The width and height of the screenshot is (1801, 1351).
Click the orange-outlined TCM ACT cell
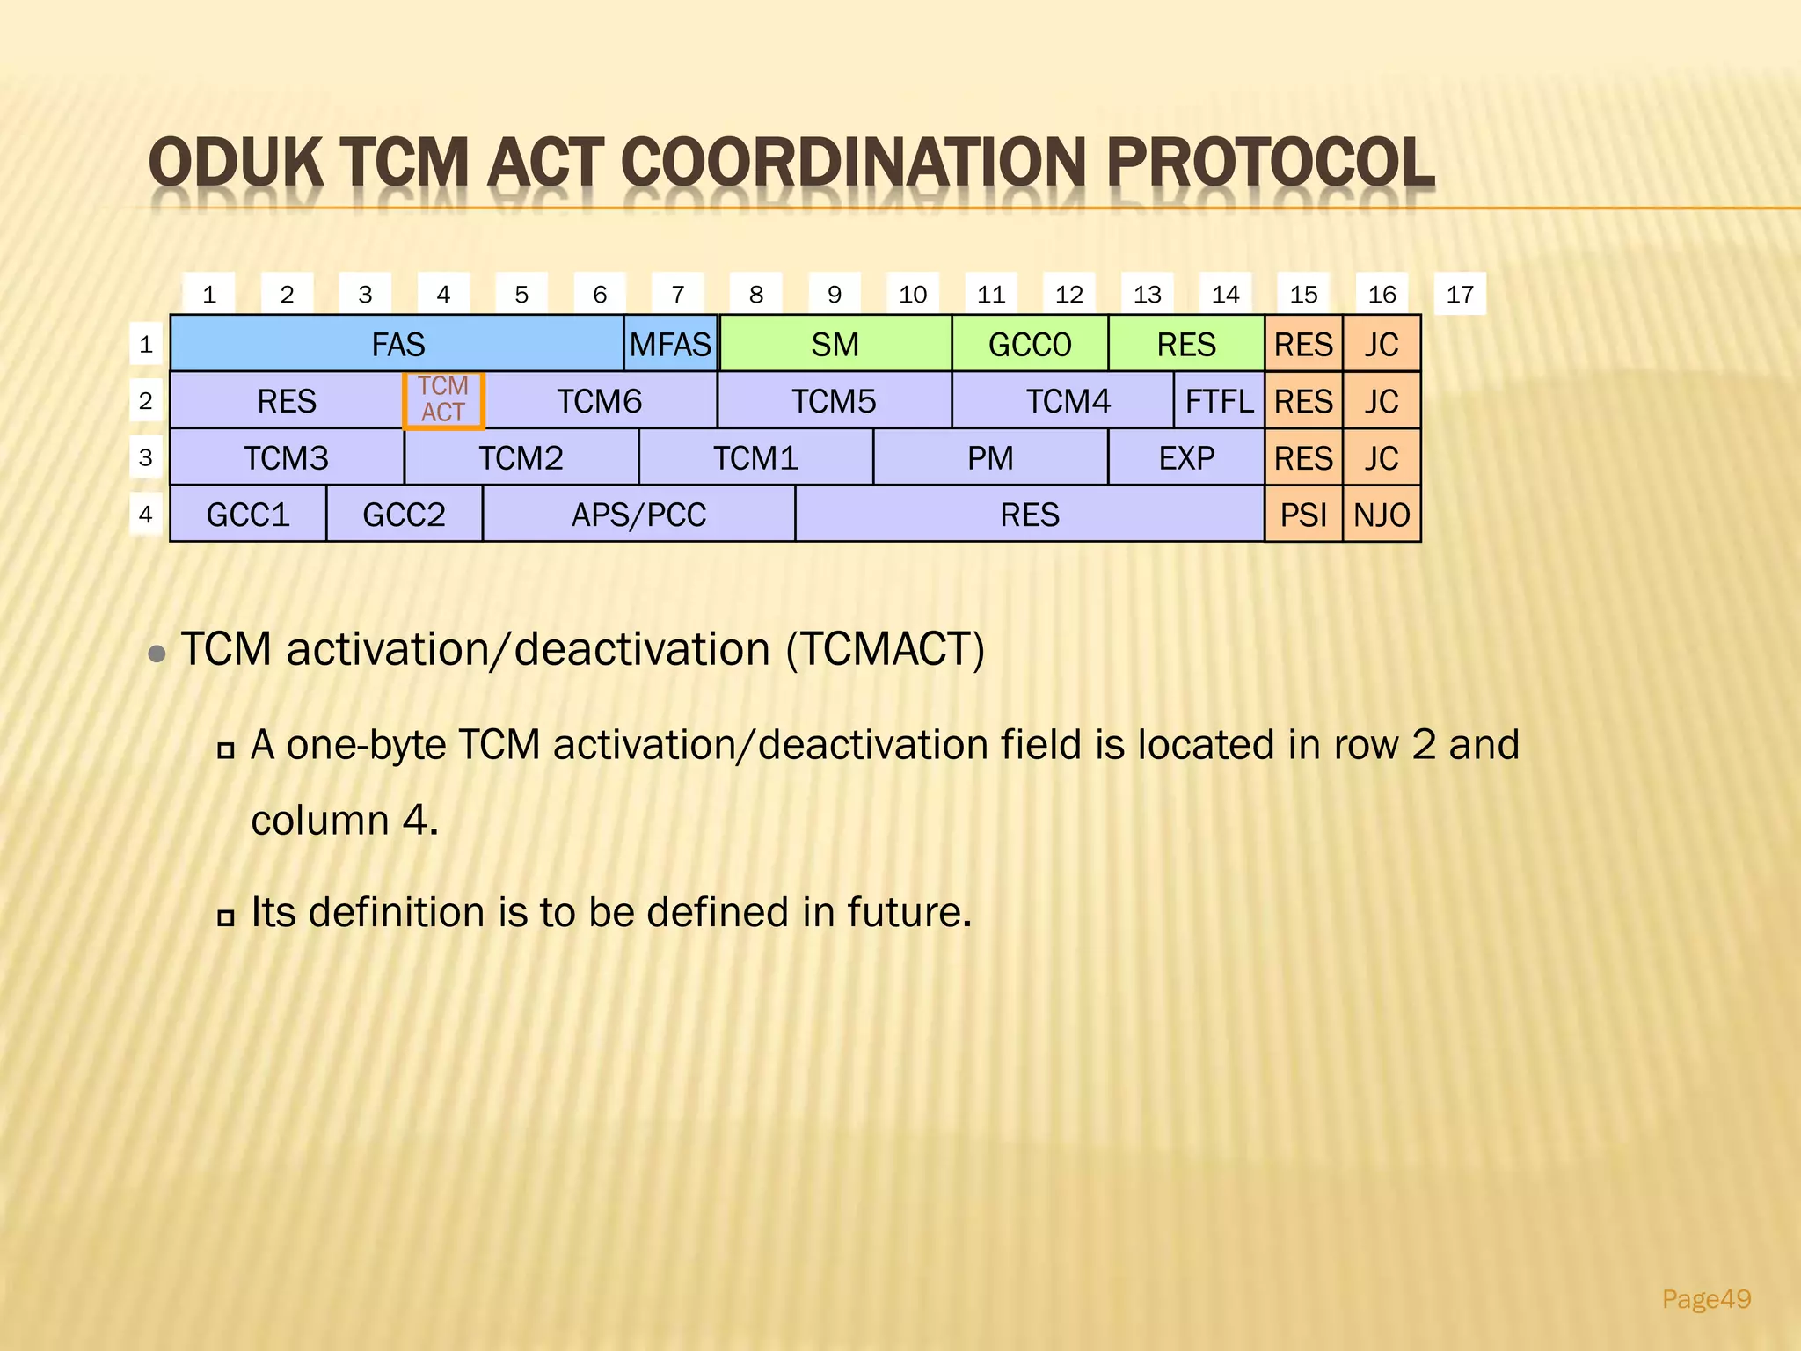click(x=443, y=400)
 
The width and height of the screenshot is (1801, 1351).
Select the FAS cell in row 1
click(x=397, y=344)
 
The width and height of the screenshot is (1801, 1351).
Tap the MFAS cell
click(x=670, y=344)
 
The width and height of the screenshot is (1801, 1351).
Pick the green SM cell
click(x=835, y=344)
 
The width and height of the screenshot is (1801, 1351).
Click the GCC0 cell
click(x=1030, y=344)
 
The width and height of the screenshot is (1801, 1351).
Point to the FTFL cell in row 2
click(x=1219, y=401)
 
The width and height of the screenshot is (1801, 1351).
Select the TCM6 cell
click(x=600, y=401)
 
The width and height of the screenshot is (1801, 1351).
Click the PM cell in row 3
click(x=990, y=458)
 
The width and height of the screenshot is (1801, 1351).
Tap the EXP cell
click(x=1186, y=458)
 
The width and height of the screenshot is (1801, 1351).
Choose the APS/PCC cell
click(x=638, y=515)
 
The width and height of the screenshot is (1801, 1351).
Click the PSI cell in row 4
click(x=1303, y=515)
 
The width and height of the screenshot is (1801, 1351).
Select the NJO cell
click(x=1382, y=515)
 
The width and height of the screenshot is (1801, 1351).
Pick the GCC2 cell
click(x=404, y=515)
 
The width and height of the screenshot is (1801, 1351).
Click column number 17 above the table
click(x=1460, y=294)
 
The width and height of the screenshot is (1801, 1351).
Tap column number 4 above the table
click(x=443, y=294)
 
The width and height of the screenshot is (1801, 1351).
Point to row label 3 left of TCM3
click(x=146, y=457)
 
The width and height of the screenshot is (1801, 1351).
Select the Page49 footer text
click(x=1706, y=1299)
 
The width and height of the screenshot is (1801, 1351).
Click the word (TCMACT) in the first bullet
click(x=885, y=650)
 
